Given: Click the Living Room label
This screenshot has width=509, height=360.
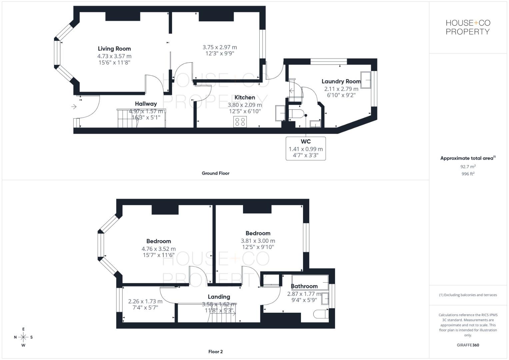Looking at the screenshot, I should [114, 49].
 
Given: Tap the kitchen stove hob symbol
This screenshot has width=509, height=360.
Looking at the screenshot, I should [240, 122].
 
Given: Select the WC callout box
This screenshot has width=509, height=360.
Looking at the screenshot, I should [306, 148].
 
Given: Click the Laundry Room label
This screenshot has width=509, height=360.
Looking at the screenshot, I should [341, 81].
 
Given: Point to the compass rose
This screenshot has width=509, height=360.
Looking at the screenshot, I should [23, 337].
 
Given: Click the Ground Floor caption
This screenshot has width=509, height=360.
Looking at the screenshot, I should [215, 173].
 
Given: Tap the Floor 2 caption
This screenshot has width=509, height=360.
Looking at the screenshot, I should [215, 352].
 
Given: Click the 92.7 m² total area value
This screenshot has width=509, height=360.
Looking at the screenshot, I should [468, 166].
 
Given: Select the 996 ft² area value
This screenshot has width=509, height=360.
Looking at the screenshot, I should [468, 174].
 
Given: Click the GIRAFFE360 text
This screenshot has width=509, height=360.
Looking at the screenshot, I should [468, 345].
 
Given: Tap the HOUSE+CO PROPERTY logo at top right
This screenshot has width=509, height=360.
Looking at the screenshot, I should [468, 27].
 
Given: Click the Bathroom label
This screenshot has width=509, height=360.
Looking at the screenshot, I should [304, 286].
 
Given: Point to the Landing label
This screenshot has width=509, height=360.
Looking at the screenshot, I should [219, 297].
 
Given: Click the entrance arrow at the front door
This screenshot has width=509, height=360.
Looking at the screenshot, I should [74, 107].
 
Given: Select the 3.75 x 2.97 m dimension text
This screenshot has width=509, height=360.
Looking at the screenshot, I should [220, 47].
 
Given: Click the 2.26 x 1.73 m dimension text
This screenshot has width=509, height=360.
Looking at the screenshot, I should [145, 301].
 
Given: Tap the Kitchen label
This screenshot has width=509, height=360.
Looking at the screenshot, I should [245, 97].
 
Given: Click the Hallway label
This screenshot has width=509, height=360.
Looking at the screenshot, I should [146, 104].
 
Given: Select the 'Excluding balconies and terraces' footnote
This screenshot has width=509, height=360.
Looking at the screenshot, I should [468, 295].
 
